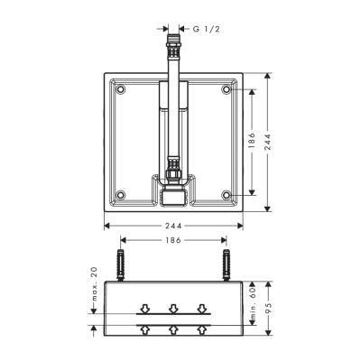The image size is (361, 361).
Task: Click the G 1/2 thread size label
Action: click(206, 29)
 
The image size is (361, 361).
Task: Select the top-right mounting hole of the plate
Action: click(225, 89)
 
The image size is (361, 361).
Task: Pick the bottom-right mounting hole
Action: click(225, 193)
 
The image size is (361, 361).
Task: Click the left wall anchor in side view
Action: click(121, 267)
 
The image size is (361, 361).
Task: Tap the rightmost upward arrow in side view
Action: click(201, 330)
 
